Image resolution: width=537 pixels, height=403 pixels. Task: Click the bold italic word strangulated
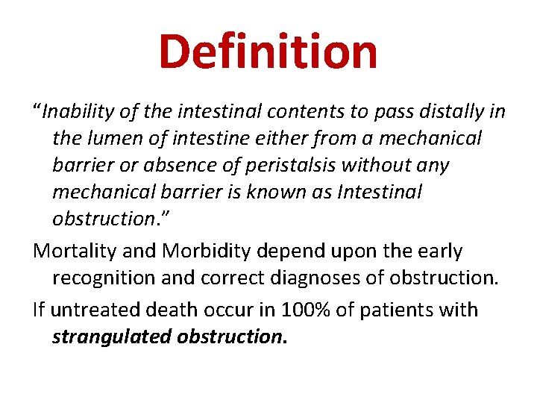(x=111, y=337)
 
